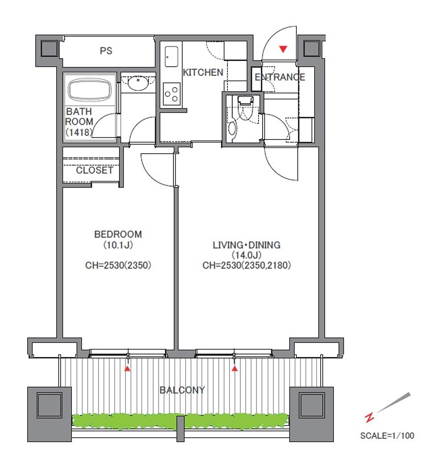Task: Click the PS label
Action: [x=106, y=51]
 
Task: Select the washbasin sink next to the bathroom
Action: [x=138, y=83]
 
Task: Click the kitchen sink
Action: [x=172, y=57]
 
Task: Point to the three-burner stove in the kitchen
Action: [x=172, y=94]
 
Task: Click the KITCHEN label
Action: [x=203, y=73]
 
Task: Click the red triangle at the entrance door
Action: [x=283, y=49]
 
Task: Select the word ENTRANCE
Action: [x=280, y=77]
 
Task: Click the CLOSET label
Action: [x=95, y=170]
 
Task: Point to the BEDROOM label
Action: [x=118, y=234]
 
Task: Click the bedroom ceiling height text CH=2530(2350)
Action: [x=118, y=265]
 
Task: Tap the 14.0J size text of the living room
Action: [x=246, y=255]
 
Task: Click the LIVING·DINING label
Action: [x=247, y=245]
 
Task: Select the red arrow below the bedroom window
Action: [x=128, y=369]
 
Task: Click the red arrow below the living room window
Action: [x=235, y=369]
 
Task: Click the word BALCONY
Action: [x=182, y=390]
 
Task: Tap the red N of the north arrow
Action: [x=370, y=418]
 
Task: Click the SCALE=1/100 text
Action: [x=387, y=436]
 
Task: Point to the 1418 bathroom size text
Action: [x=78, y=132]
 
